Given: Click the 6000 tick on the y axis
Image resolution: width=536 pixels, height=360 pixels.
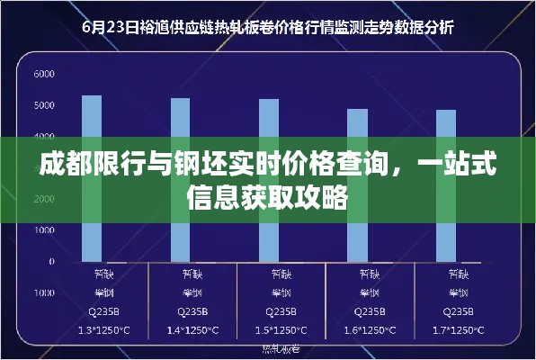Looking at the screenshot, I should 44,74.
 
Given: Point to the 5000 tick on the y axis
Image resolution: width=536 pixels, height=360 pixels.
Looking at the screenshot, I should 44,105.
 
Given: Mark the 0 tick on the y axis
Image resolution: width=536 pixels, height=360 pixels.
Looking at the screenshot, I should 52,262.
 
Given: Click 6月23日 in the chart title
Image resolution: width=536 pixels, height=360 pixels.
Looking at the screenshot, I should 107,27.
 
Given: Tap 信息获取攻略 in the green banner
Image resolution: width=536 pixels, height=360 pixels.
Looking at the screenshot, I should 267,195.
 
